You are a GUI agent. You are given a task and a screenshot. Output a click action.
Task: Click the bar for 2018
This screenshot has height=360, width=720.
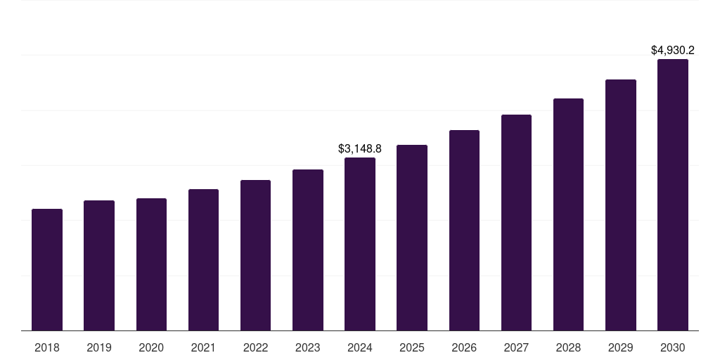click(x=47, y=270)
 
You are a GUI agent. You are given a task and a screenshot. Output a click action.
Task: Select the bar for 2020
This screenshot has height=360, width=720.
click(x=151, y=264)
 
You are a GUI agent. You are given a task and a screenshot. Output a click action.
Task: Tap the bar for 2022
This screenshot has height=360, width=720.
click(x=255, y=255)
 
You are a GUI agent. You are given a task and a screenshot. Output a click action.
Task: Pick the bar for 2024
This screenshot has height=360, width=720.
click(x=360, y=244)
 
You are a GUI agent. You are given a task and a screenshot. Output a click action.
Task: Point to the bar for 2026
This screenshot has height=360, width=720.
click(x=464, y=231)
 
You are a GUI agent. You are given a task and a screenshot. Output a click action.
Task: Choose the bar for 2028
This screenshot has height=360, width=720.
click(x=568, y=214)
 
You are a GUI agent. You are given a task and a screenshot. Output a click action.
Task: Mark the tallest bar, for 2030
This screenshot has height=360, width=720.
click(x=673, y=195)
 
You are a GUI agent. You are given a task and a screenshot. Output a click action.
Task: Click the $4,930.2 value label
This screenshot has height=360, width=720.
click(x=673, y=51)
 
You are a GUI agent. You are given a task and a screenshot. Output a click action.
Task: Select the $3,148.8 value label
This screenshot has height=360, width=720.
click(x=360, y=149)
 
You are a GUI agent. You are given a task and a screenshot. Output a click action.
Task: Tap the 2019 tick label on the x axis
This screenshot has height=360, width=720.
click(x=99, y=347)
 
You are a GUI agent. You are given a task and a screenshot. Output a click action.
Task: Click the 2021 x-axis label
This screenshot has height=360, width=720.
click(x=203, y=347)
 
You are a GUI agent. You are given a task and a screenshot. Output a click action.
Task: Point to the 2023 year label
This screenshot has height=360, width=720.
click(x=308, y=347)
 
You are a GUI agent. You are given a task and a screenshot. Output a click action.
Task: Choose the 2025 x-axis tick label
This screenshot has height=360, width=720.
click(x=412, y=347)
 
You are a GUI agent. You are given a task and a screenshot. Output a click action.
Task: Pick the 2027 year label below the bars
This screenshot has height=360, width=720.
click(x=516, y=347)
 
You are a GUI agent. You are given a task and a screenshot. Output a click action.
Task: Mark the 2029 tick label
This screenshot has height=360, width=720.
click(x=621, y=347)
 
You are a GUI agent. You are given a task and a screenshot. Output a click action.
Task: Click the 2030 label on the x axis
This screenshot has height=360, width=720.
click(x=673, y=347)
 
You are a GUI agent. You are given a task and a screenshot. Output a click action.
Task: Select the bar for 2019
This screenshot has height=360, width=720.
click(x=99, y=266)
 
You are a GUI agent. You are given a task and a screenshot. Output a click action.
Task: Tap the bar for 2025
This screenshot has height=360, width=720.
click(x=412, y=238)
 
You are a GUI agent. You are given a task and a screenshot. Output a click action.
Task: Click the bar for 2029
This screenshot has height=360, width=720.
click(x=621, y=205)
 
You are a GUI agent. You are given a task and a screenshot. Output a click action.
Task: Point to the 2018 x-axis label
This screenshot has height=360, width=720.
click(x=47, y=347)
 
